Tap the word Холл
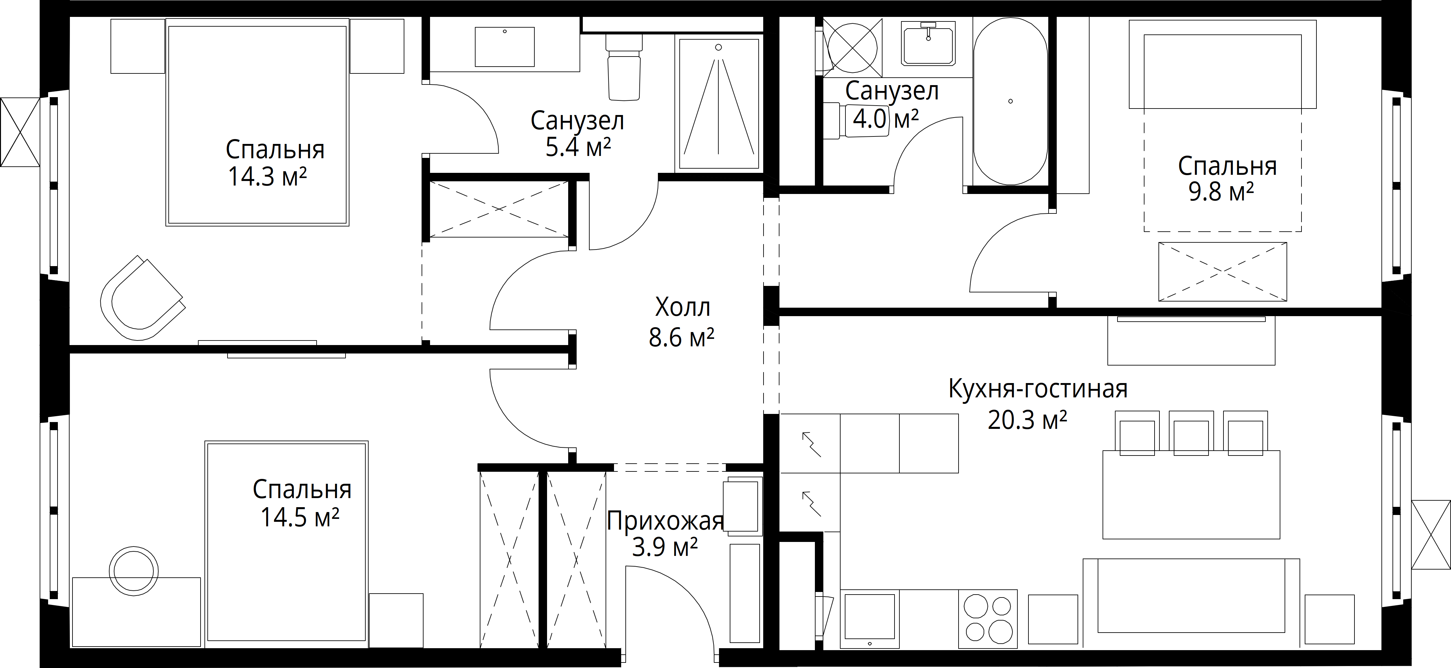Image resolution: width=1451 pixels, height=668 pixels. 683,308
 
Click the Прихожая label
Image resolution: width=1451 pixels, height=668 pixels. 665,521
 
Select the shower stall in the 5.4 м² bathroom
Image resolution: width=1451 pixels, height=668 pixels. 719,104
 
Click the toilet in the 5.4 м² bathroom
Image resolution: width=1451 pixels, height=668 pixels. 624,67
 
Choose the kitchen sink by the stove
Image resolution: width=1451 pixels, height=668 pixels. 870,618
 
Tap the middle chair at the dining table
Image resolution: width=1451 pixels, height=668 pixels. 1191,432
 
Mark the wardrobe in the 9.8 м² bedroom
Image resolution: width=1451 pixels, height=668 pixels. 1222,272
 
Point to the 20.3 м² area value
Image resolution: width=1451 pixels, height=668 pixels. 1027,420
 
